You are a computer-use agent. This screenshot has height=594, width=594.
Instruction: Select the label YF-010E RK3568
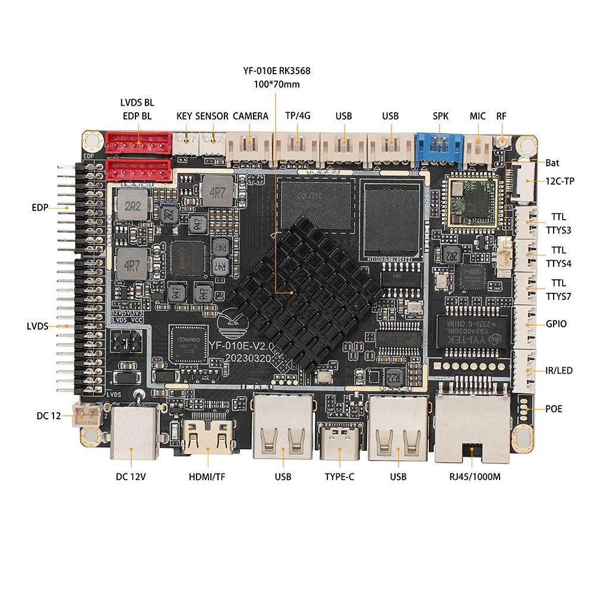point(276,71)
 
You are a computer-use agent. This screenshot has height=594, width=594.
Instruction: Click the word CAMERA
point(250,116)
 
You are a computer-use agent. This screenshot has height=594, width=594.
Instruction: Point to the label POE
point(554,409)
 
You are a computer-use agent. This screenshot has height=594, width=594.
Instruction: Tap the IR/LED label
point(559,371)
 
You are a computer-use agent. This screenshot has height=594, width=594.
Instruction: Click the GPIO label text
point(556,324)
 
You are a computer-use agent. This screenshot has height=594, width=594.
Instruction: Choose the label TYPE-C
point(339,476)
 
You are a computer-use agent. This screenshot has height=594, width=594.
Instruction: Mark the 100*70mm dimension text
point(276,84)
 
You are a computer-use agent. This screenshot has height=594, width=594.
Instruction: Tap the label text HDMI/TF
point(207,476)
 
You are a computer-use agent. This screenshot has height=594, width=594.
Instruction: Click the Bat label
point(552,162)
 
